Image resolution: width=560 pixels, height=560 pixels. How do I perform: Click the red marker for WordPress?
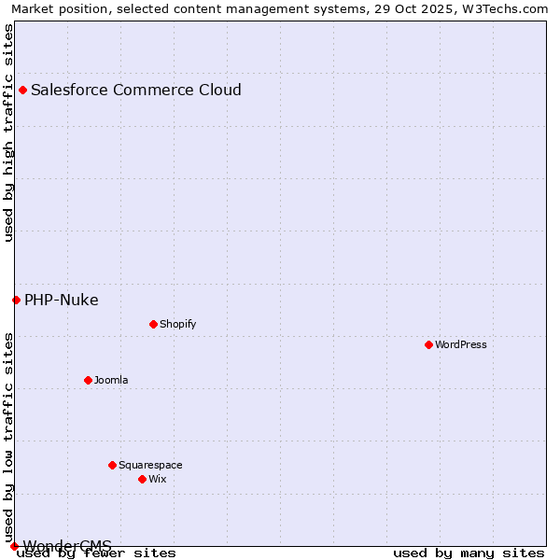pyautogui.click(x=428, y=344)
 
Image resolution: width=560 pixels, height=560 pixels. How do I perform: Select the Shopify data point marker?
pyautogui.click(x=153, y=324)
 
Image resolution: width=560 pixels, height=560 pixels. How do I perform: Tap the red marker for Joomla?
pyautogui.click(x=88, y=380)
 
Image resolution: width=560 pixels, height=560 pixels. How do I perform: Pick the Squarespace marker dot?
pyautogui.click(x=112, y=465)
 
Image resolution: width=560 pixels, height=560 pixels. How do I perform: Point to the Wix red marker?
pyautogui.click(x=142, y=479)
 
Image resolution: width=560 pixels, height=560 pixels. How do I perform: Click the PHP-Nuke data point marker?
pyautogui.click(x=16, y=300)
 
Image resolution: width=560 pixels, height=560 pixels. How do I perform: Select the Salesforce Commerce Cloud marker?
pyautogui.click(x=22, y=90)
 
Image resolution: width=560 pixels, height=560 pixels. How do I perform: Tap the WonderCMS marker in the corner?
pyautogui.click(x=14, y=546)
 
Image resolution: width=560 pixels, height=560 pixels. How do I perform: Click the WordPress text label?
pyautogui.click(x=461, y=344)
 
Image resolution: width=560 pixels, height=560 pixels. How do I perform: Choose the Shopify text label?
pyautogui.click(x=177, y=324)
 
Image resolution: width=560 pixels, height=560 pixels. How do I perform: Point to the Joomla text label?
pyautogui.click(x=111, y=380)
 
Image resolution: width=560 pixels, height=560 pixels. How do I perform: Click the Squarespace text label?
pyautogui.click(x=150, y=465)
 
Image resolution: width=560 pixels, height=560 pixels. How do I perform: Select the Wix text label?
pyautogui.click(x=157, y=479)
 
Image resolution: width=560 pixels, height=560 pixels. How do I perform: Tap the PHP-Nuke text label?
pyautogui.click(x=62, y=300)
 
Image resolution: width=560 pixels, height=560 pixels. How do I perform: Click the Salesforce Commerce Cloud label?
pyautogui.click(x=136, y=90)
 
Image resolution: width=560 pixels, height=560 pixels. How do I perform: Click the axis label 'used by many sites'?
pyautogui.click(x=469, y=553)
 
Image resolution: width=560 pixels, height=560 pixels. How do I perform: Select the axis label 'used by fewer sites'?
pyautogui.click(x=97, y=553)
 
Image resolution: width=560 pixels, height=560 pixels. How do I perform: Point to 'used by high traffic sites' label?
pyautogui.click(x=9, y=133)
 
